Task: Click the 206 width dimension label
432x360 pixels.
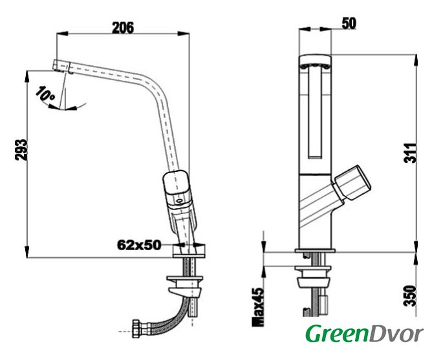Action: click(x=123, y=28)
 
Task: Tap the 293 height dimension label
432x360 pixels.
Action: click(x=21, y=150)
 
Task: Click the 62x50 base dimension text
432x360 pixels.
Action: click(x=139, y=244)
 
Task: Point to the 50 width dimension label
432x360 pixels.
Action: click(x=349, y=23)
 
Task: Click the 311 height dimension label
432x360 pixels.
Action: click(x=410, y=153)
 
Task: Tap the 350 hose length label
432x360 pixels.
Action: click(x=410, y=296)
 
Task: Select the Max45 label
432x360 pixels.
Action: click(x=258, y=308)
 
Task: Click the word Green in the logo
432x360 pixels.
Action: click(x=336, y=334)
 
